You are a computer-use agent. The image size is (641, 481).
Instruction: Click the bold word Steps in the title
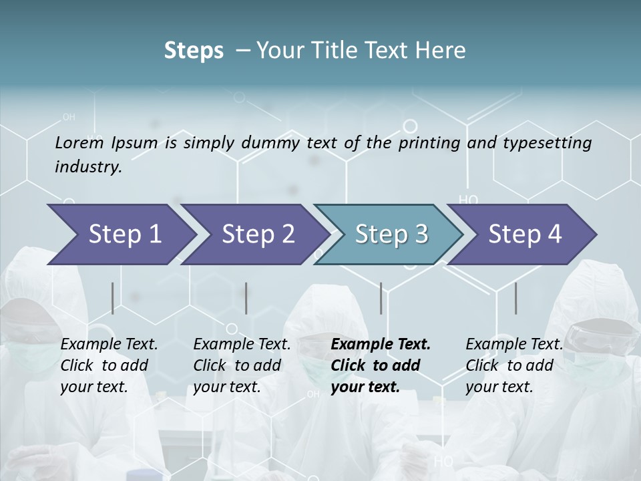[x=194, y=51]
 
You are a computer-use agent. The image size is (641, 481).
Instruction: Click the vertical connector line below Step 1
[x=113, y=298]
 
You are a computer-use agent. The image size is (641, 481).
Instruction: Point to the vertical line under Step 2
[x=246, y=298]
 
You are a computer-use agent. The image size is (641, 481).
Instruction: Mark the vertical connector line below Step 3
[x=381, y=298]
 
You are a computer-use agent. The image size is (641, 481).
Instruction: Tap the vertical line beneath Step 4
[x=516, y=298]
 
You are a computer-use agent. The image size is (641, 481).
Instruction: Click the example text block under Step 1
[x=109, y=365]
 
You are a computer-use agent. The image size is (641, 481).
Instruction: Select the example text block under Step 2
[x=242, y=365]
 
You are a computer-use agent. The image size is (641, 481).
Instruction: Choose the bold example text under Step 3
[x=381, y=365]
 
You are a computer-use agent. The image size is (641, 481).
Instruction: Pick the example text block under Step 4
[x=514, y=365]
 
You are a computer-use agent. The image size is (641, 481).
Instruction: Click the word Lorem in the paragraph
[x=79, y=143]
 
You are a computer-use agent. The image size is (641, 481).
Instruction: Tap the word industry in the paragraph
[x=88, y=167]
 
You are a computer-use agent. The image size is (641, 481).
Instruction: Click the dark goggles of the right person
[x=603, y=329]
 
